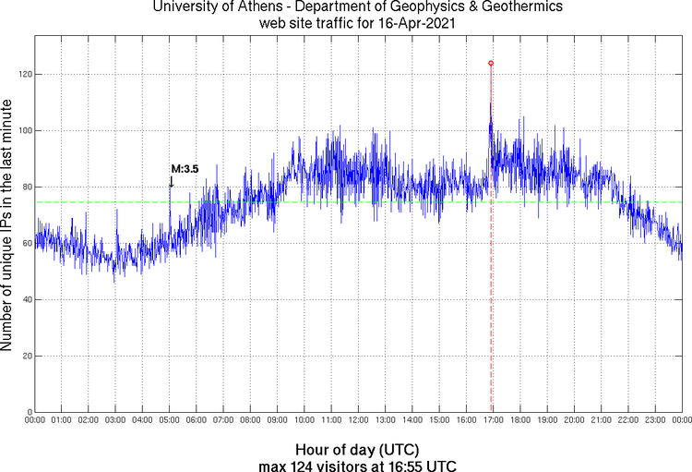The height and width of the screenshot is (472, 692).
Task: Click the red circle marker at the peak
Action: pyautogui.click(x=491, y=63)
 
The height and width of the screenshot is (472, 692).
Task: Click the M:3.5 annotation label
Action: pyautogui.click(x=185, y=169)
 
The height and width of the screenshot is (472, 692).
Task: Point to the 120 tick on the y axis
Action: pyautogui.click(x=25, y=74)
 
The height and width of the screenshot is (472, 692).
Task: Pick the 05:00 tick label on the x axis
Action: pyautogui.click(x=169, y=421)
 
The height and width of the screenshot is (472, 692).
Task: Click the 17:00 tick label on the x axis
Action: pyautogui.click(x=493, y=421)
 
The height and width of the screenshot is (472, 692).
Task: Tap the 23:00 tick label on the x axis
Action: pyautogui.click(x=654, y=421)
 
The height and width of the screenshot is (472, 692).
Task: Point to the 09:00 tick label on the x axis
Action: pyautogui.click(x=277, y=421)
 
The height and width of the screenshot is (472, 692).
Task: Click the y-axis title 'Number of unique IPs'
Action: pyautogui.click(x=8, y=226)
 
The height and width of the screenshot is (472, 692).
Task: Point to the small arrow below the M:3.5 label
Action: pyautogui.click(x=171, y=182)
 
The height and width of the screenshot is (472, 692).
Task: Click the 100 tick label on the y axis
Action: pyautogui.click(x=25, y=130)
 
